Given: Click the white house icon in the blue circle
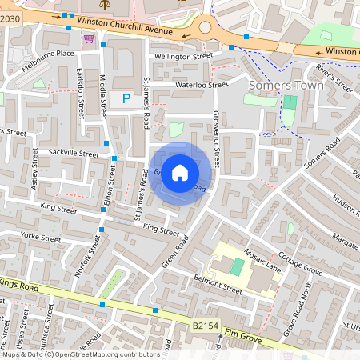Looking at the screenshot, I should click(180, 172).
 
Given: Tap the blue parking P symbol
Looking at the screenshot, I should click(126, 98).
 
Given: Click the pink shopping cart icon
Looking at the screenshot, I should click(89, 38).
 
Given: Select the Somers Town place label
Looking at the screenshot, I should click(286, 85).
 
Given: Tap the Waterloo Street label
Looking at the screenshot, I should click(202, 84).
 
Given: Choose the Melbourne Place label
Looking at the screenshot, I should click(47, 54).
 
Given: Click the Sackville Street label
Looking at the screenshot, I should click(73, 153).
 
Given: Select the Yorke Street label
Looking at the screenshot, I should click(41, 238).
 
